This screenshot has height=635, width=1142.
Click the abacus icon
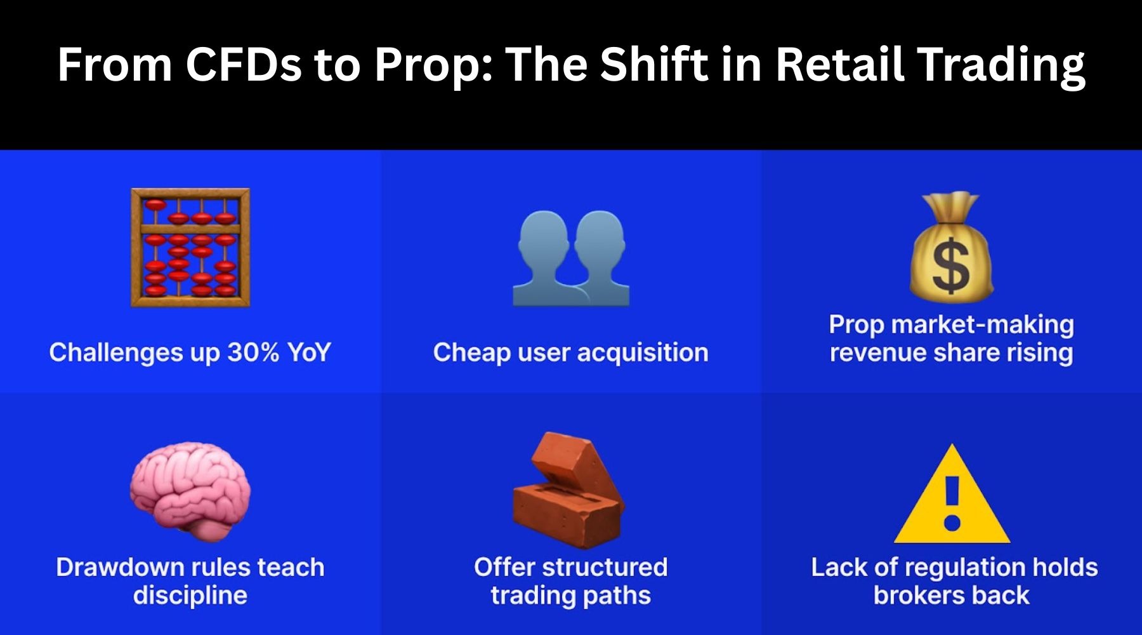pyautogui.click(x=190, y=248)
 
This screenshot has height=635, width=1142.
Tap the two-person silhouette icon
pyautogui.click(x=571, y=258)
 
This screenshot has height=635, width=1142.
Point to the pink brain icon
pyautogui.click(x=190, y=491)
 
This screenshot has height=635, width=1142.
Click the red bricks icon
pyautogui.click(x=569, y=490)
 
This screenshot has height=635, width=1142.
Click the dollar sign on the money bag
pyautogui.click(x=951, y=267)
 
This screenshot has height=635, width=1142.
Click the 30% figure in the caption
pyautogui.click(x=253, y=352)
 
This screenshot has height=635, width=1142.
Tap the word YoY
pyautogui.click(x=309, y=352)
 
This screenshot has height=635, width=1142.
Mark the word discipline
pyautogui.click(x=190, y=596)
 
